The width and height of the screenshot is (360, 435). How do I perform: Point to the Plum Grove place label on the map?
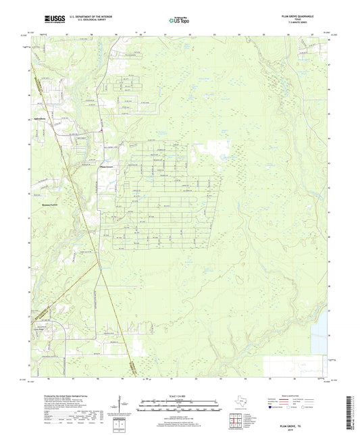point(107,164)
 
